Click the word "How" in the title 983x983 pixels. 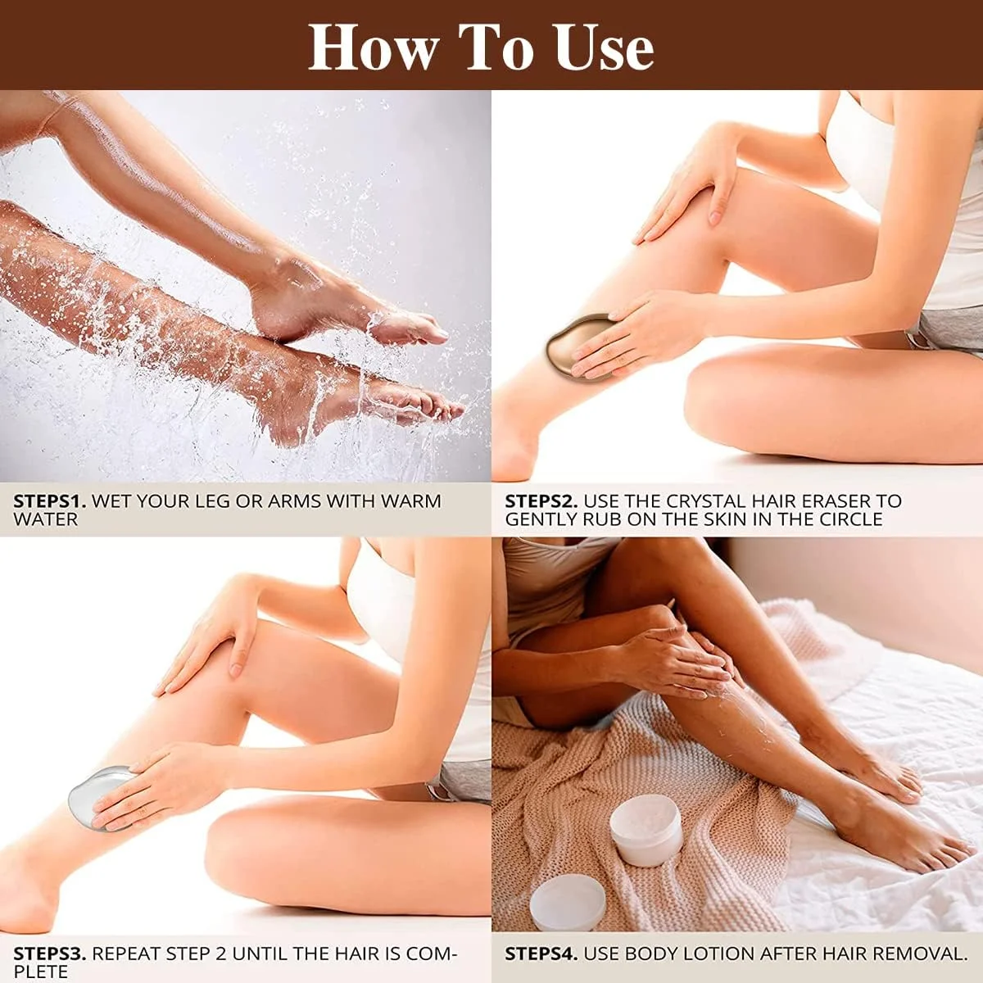pyautogui.click(x=374, y=48)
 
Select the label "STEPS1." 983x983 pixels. pyautogui.click(x=50, y=501)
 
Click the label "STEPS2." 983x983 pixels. pyautogui.click(x=541, y=501)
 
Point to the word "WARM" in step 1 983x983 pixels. pyautogui.click(x=411, y=501)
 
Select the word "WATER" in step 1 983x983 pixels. pyautogui.click(x=46, y=519)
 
